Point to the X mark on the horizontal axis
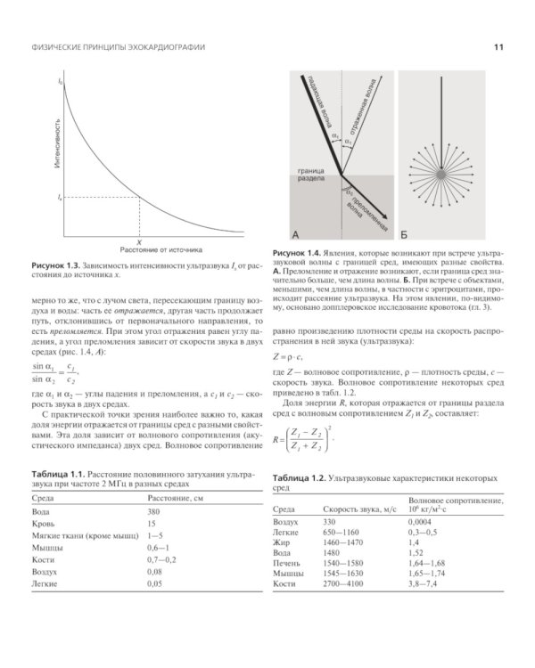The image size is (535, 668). click(x=139, y=240)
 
